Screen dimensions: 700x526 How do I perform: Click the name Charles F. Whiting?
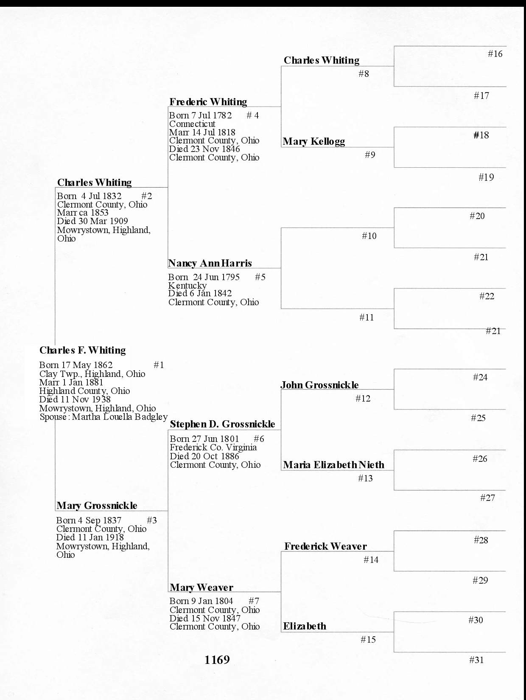coord(83,350)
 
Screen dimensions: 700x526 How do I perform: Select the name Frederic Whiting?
coord(208,102)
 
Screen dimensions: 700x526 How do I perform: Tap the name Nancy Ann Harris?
coord(210,263)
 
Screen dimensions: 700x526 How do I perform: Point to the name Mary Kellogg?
coord(314,141)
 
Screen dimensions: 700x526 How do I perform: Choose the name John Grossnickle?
coord(319,385)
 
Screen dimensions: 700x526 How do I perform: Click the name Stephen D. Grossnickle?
coord(222,424)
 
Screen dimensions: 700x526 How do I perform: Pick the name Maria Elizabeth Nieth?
coord(334,465)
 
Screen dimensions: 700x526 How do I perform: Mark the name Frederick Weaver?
coord(325,546)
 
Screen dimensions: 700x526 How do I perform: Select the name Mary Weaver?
coord(201,588)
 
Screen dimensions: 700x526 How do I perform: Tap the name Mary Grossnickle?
coord(97,506)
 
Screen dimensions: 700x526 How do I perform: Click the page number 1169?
coord(217,660)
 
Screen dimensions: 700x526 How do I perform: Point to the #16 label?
coord(495,54)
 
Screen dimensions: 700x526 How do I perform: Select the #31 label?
coord(476,660)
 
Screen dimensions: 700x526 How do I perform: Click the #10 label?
coord(369,236)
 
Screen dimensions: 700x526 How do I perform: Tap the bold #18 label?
coord(481,135)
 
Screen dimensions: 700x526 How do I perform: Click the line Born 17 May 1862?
coord(76,365)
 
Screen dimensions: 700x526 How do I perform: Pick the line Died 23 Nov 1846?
coord(204,149)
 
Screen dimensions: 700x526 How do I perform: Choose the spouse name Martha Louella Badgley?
coord(120,417)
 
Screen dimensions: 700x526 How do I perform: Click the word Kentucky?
coord(187,286)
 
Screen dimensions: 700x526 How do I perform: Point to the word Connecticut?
coord(192,124)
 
